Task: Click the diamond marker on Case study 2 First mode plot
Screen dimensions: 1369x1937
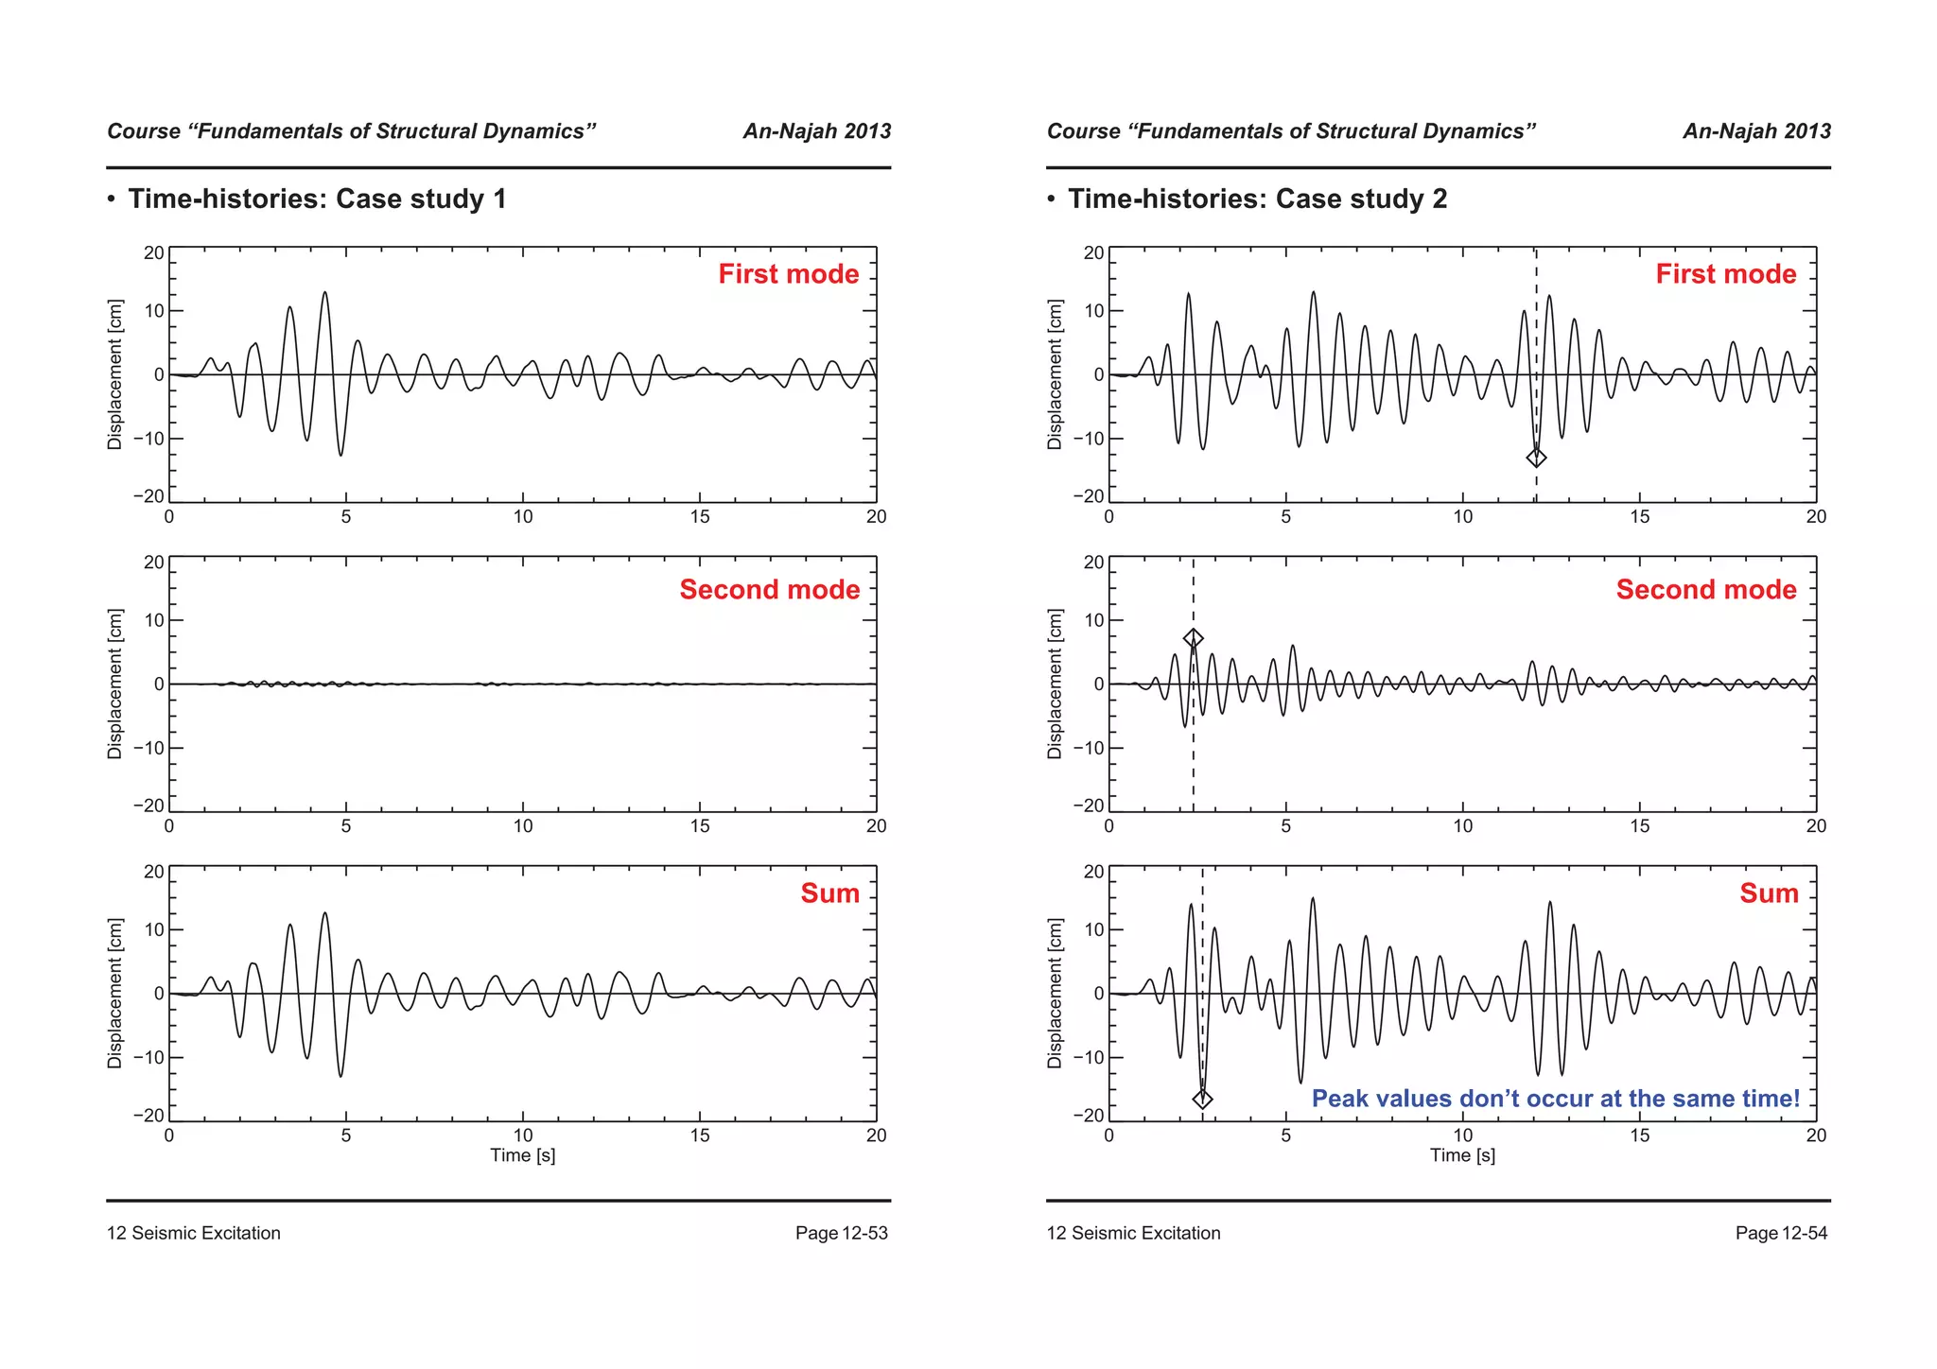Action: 1536,458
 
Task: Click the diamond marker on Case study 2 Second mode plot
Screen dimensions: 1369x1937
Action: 1194,639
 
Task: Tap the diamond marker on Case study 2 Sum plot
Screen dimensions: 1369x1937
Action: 1202,1099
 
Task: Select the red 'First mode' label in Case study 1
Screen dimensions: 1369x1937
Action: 788,274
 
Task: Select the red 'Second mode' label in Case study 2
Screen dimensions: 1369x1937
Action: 1705,590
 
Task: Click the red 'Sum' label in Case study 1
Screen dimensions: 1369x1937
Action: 829,893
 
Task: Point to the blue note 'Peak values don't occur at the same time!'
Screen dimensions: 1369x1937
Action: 1555,1099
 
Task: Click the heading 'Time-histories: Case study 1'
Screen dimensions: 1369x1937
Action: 317,199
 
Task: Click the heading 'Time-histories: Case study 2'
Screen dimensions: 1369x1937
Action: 1257,199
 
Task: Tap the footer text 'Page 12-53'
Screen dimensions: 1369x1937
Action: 841,1233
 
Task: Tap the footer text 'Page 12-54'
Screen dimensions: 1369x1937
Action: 1781,1233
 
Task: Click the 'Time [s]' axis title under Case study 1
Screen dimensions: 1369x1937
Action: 522,1155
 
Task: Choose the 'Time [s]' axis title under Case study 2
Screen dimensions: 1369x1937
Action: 1462,1155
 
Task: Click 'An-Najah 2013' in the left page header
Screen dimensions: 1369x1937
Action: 816,131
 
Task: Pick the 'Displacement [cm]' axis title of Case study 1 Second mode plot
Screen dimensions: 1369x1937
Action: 115,684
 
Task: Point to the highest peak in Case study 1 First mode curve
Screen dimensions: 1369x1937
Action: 324,293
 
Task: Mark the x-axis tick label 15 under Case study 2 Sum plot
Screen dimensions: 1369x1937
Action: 1639,1135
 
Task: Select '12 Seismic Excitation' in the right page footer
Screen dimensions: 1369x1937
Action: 1133,1233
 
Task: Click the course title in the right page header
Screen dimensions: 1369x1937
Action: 1291,131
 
